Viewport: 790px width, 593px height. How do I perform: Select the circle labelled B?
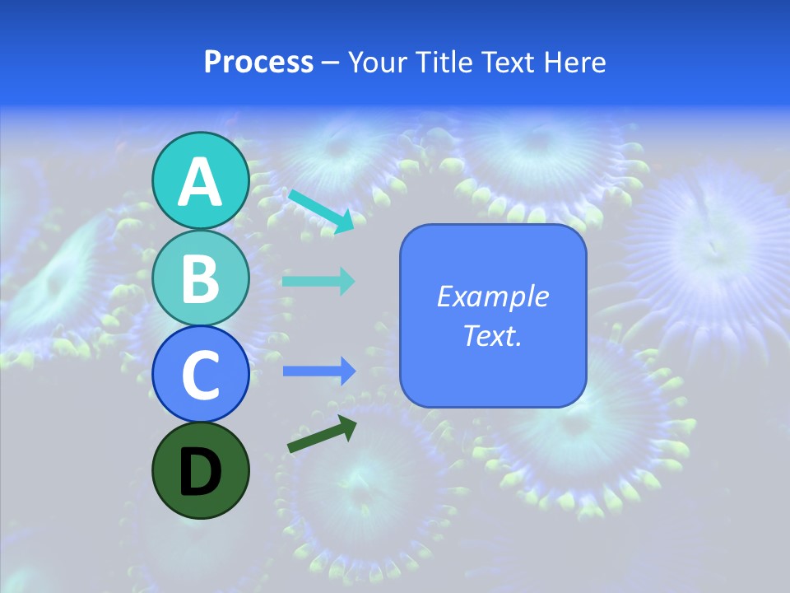pos(201,278)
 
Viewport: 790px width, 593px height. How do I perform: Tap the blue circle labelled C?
pos(201,375)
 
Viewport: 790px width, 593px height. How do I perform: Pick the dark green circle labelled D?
pos(201,471)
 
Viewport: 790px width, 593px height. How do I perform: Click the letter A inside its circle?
pos(201,182)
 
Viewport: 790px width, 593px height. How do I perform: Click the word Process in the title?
pos(258,62)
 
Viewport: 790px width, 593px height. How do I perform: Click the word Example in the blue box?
pos(492,296)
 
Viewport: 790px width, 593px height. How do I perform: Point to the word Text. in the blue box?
pos(492,335)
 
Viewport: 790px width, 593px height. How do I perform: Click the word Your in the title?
pos(376,62)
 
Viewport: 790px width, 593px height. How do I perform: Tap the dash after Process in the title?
pos(330,63)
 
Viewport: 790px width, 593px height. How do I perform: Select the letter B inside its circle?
pos(201,279)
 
